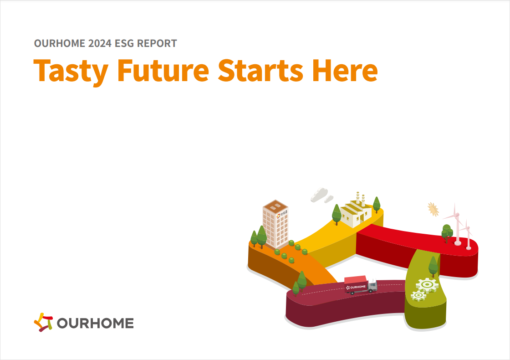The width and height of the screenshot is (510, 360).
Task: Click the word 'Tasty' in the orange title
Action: click(71, 71)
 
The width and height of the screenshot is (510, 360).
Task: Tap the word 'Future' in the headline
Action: click(163, 70)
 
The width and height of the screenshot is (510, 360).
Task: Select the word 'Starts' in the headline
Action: click(260, 70)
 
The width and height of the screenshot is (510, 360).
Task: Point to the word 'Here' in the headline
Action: click(345, 70)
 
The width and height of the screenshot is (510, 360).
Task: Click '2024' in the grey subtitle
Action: click(100, 43)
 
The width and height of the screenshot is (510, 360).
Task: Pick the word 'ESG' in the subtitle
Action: click(124, 43)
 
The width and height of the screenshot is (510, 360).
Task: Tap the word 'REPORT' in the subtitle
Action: click(157, 43)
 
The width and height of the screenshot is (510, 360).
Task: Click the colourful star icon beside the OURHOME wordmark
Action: click(43, 322)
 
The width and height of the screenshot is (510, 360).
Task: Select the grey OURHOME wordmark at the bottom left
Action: click(95, 323)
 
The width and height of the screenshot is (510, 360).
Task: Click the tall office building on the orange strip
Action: click(275, 225)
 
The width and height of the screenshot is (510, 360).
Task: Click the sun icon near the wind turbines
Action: click(433, 209)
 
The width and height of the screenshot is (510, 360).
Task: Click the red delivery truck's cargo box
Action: click(356, 284)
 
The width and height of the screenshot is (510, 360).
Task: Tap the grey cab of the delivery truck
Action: click(373, 285)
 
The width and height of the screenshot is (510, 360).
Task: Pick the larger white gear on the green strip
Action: click(427, 285)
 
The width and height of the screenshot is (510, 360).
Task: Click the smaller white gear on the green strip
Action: click(418, 295)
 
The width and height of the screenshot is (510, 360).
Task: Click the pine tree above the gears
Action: click(433, 266)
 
